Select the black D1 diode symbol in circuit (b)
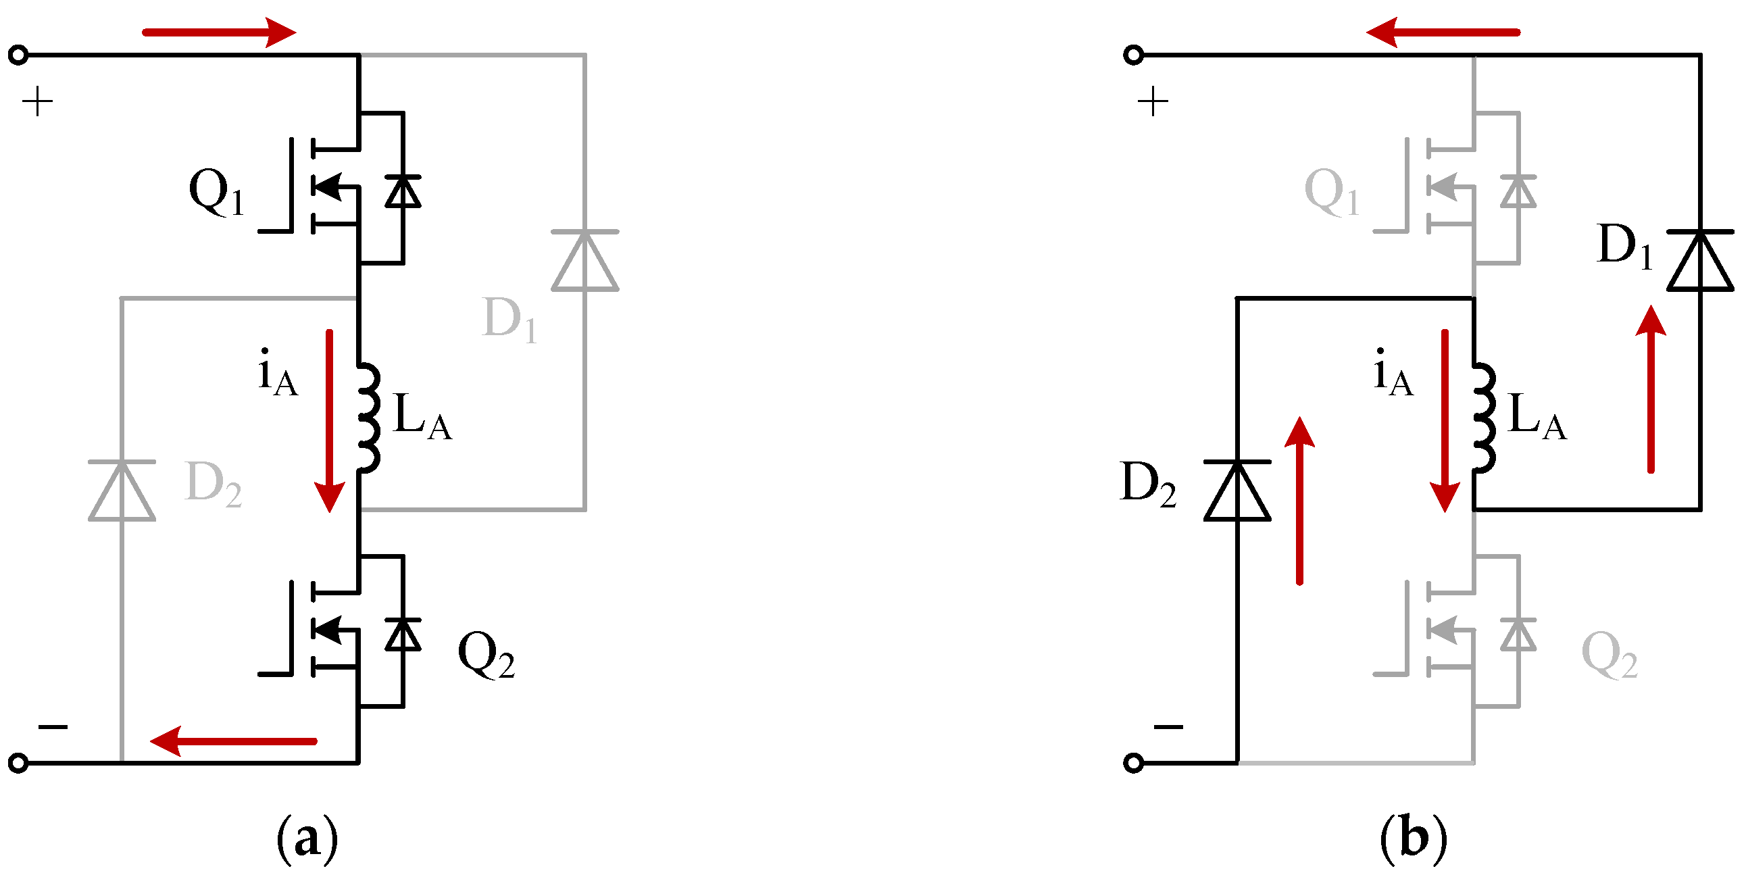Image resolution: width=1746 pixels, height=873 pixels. pos(1700,261)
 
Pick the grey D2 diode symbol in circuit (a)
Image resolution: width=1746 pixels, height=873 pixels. pos(122,491)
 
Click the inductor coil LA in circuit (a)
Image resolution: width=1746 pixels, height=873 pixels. pos(368,418)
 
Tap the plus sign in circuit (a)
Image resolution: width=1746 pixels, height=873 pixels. pos(37,102)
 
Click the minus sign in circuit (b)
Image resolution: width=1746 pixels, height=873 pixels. pos(1168,727)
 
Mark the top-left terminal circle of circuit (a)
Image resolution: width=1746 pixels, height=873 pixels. pos(18,55)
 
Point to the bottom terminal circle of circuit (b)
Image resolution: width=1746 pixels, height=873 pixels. pos(1133,763)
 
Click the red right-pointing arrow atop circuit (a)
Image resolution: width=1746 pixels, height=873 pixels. pos(218,32)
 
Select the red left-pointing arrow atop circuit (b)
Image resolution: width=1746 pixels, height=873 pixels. pos(1443,32)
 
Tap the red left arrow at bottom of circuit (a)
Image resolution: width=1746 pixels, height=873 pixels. pos(233,741)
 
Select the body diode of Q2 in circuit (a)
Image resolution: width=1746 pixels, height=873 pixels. pos(403,634)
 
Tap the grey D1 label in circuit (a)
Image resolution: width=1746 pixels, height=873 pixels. pos(509,320)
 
